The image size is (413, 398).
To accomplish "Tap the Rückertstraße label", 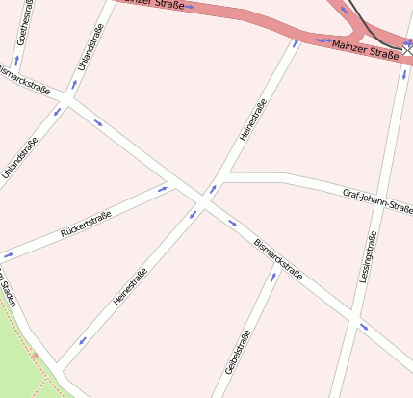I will [x=86, y=225].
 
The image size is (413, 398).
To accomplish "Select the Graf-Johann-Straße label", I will [x=377, y=200].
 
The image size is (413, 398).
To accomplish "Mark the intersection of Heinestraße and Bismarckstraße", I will [x=203, y=200].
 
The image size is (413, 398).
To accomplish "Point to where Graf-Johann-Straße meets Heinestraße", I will [x=223, y=177].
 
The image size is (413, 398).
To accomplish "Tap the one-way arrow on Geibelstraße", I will [x=273, y=277].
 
